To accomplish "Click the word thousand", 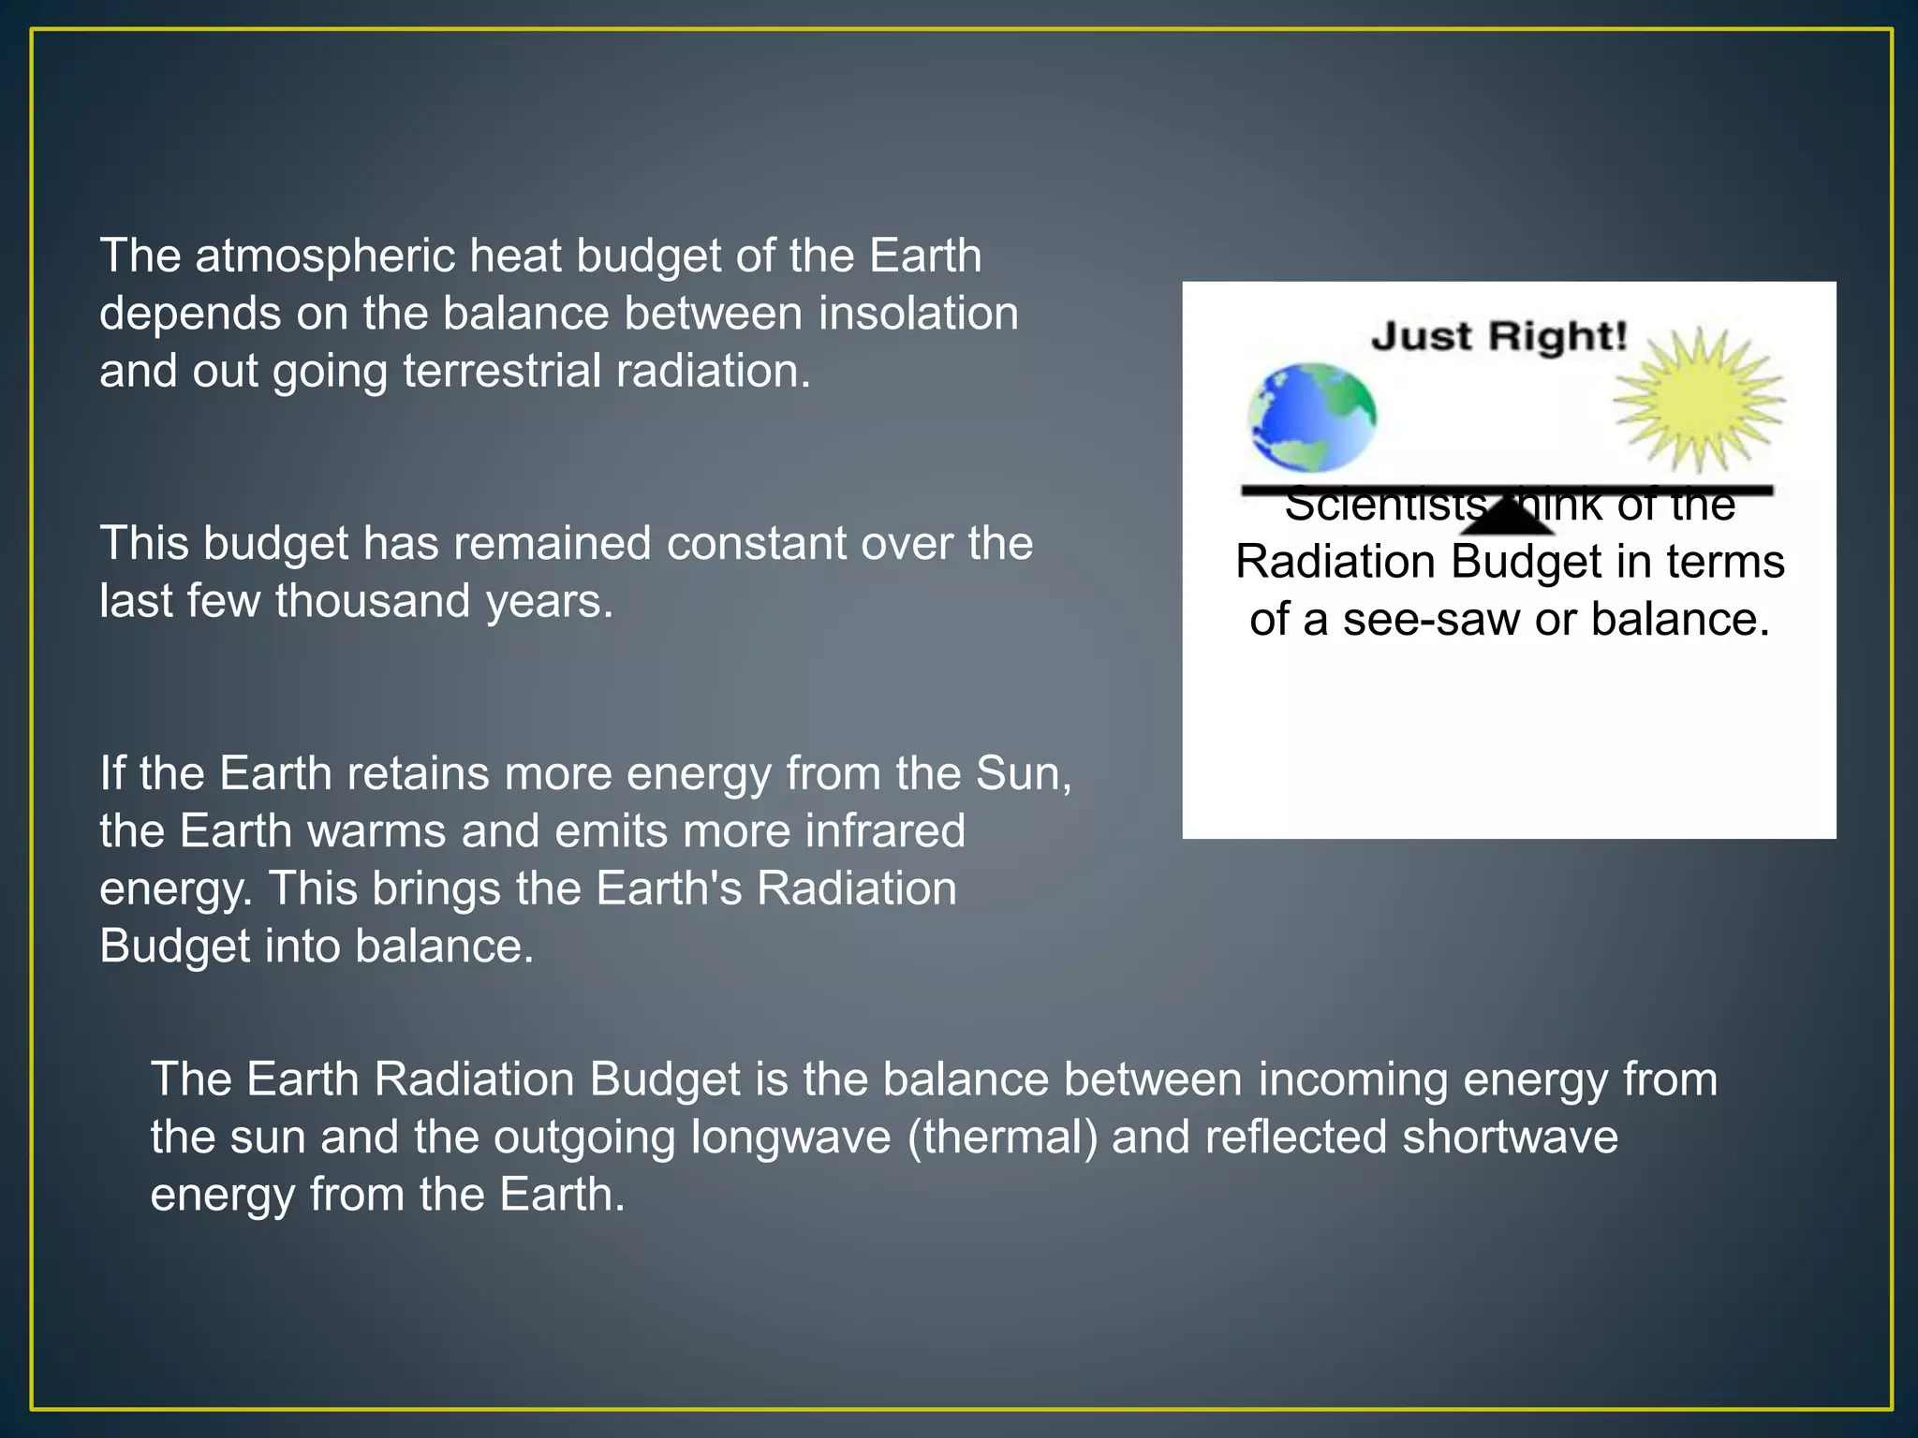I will click(373, 601).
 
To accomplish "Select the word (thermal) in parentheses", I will click(1002, 1137).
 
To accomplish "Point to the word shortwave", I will click(1510, 1137).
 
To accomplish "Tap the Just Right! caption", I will click(1499, 336).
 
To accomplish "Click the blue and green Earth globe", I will click(1312, 418).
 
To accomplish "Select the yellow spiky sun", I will click(1699, 401).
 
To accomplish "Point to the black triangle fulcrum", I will click(1507, 518).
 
